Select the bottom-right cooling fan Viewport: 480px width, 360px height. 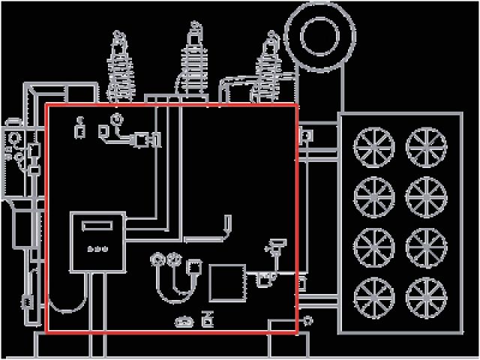point(424,295)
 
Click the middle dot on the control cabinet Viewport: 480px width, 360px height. point(97,248)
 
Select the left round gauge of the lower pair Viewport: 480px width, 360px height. point(158,260)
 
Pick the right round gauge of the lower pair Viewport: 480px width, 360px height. point(174,260)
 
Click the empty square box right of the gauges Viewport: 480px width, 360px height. point(226,283)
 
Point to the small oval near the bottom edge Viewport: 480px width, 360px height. point(183,322)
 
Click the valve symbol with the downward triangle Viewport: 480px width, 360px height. point(275,245)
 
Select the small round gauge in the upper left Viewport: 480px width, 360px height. point(115,119)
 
